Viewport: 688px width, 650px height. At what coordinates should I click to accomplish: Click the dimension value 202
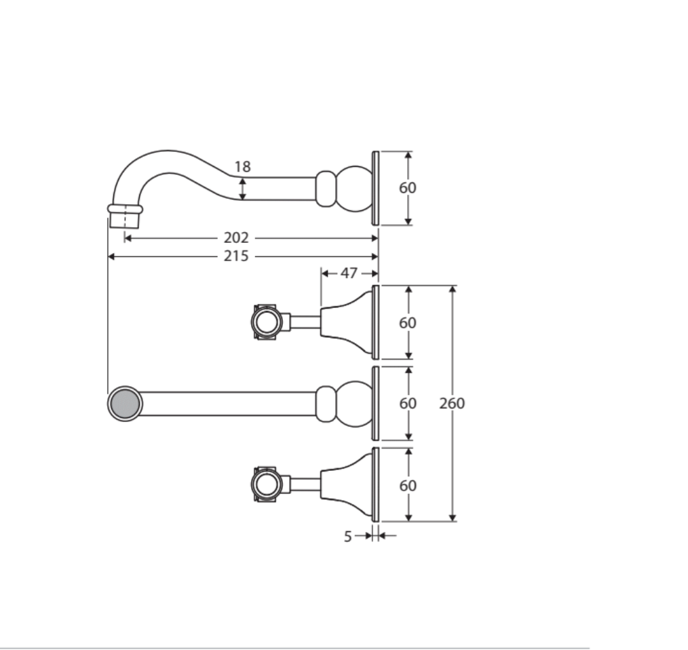[236, 238]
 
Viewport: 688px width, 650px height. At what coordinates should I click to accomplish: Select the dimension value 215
[236, 256]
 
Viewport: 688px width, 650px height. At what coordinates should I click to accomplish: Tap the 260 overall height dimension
[452, 403]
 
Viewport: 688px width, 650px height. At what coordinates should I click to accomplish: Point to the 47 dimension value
[349, 273]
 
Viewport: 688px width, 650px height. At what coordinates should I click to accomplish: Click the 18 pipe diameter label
[242, 167]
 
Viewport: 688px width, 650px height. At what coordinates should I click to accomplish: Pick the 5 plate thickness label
[348, 536]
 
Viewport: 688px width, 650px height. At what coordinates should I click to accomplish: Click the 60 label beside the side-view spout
[408, 188]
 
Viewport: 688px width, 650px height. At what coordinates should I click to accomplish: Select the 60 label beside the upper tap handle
[408, 323]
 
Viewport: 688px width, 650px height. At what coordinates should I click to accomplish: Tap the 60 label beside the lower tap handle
[408, 485]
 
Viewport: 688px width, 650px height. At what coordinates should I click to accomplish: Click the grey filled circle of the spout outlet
[125, 404]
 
